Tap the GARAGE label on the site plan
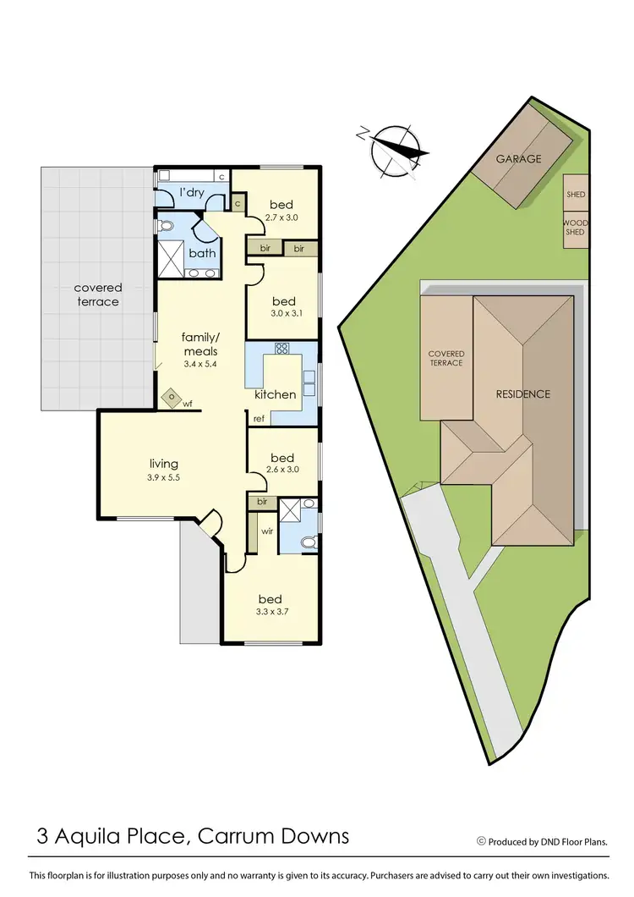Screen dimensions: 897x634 [518, 158]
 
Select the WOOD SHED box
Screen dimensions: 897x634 [575, 227]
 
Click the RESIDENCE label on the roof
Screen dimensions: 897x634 [522, 393]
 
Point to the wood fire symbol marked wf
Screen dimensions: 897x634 [172, 396]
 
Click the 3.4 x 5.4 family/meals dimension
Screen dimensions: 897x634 [200, 365]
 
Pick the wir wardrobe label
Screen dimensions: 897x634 [266, 532]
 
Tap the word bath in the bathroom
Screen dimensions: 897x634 [202, 253]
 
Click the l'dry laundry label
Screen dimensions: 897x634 [192, 194]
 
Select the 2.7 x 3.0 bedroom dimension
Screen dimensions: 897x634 [281, 217]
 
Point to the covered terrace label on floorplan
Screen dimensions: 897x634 [98, 294]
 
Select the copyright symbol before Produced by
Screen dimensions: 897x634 [481, 841]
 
